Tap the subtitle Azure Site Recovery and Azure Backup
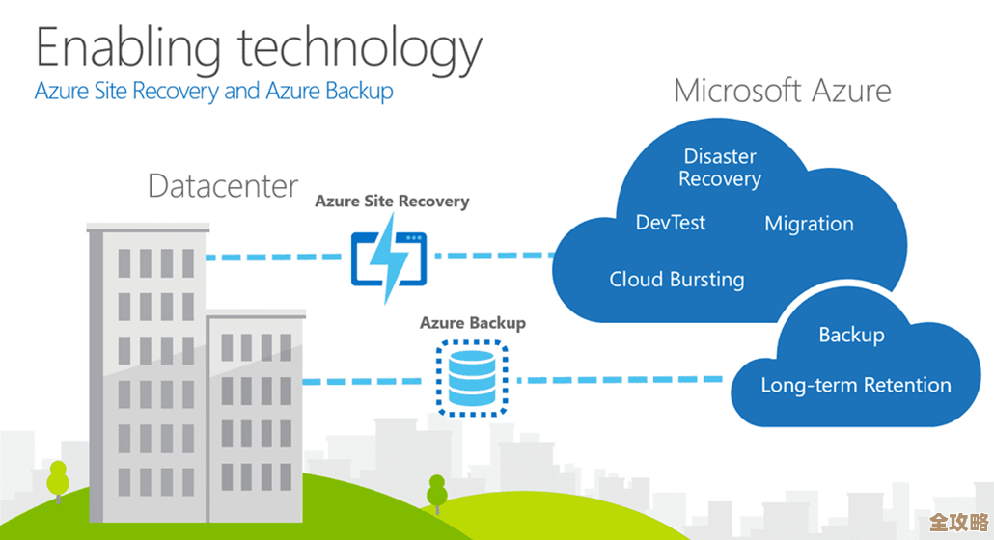click(x=213, y=92)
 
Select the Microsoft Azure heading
click(x=782, y=92)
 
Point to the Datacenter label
click(x=223, y=185)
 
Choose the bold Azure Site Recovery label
click(x=392, y=202)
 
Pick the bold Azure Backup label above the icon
click(x=472, y=323)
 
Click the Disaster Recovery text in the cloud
click(x=720, y=168)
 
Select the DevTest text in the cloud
click(x=671, y=223)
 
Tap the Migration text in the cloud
click(x=809, y=224)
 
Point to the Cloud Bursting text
click(x=676, y=280)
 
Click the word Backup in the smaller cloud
click(x=851, y=335)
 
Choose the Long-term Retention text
click(x=856, y=385)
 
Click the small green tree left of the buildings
click(x=59, y=482)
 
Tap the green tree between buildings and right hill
click(x=437, y=492)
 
